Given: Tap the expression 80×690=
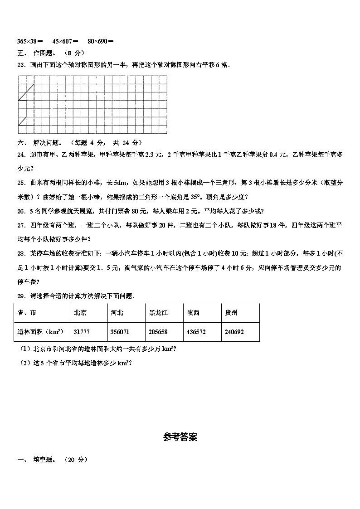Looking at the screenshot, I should coord(101,41).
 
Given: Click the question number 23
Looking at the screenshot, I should coord(21,65).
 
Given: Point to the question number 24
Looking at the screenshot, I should coord(21,155).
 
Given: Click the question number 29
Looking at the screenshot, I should coord(21,296).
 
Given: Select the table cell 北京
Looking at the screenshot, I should coord(80,313).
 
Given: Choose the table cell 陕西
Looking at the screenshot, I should coord(193,313).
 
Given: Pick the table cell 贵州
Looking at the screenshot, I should coord(231,313).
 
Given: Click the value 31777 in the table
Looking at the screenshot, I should coord(81,332).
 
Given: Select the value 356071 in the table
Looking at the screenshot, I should coord(120,332).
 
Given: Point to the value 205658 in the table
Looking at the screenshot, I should coord(158,332).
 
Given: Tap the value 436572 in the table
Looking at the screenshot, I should coord(196,332).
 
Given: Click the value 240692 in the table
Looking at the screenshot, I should coord(234,332).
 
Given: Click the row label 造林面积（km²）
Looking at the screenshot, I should coord(40,331).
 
